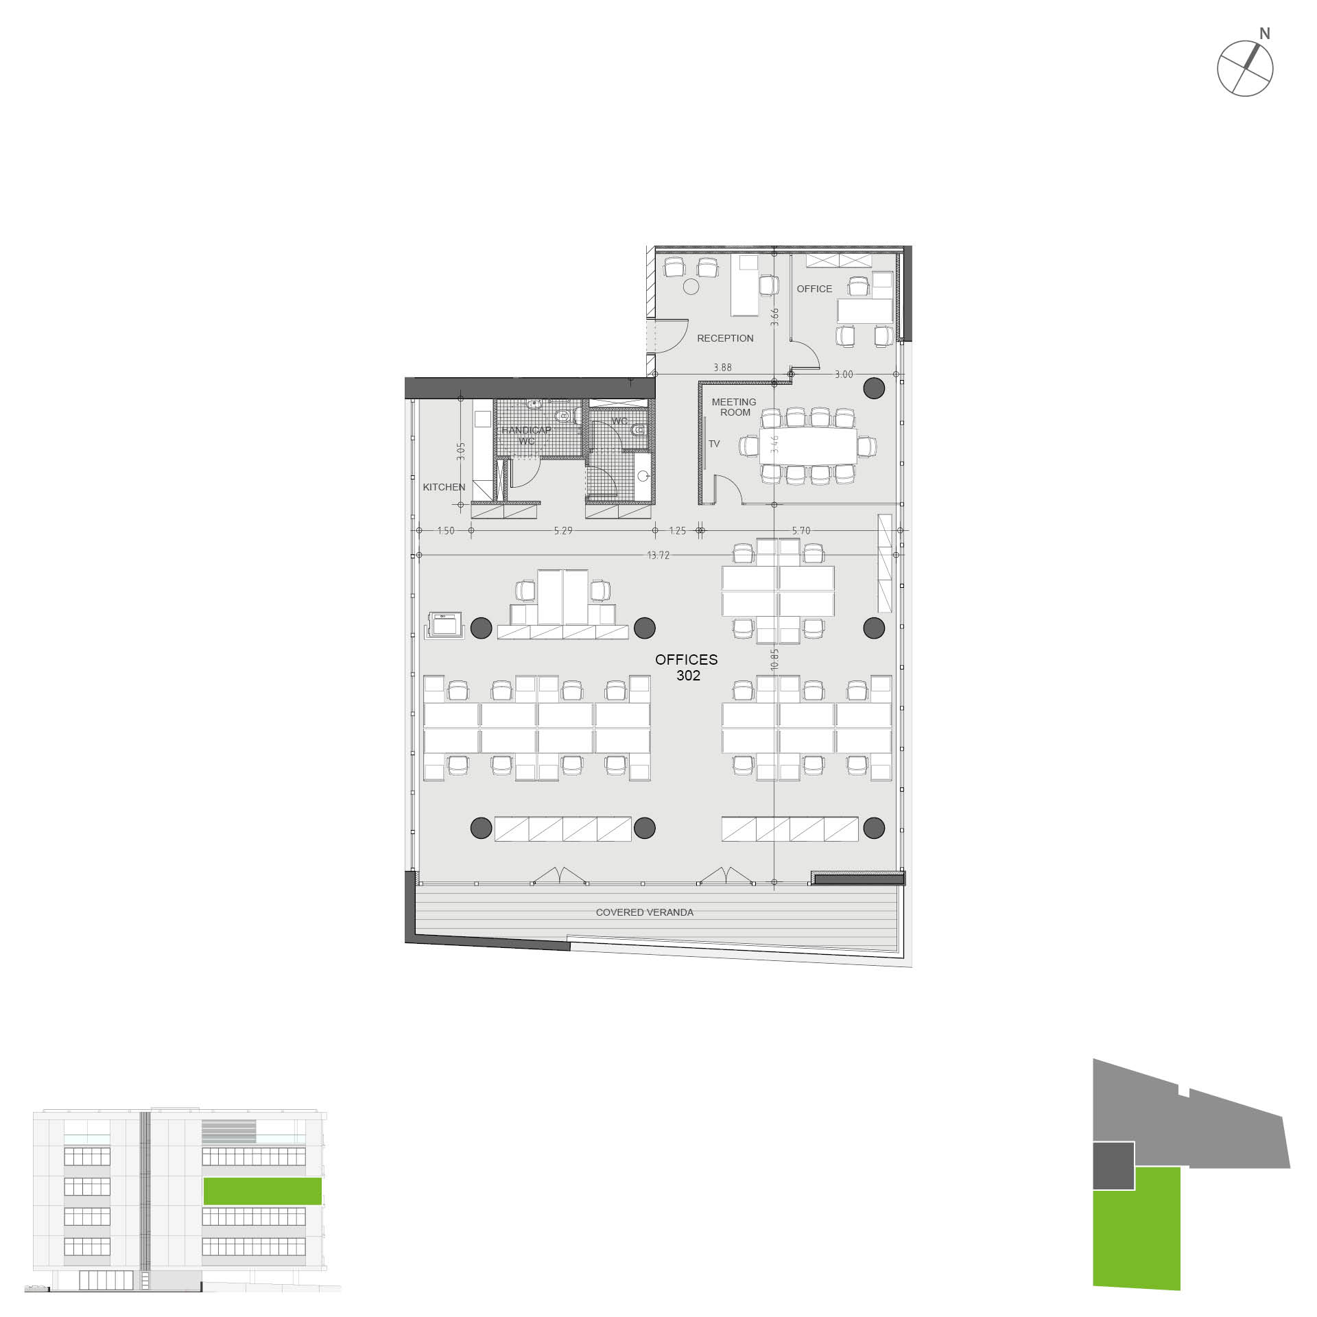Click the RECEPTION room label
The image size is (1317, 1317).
point(725,338)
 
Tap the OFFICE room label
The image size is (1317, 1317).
point(814,289)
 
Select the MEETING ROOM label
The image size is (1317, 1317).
point(734,407)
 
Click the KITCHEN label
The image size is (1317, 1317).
point(444,487)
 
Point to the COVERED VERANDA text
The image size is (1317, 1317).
point(645,912)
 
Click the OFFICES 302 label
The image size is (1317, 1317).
point(687,667)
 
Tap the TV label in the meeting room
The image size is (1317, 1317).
point(714,444)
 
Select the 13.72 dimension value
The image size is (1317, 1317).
point(658,555)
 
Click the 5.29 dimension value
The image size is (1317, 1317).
point(563,531)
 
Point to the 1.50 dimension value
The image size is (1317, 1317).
point(446,531)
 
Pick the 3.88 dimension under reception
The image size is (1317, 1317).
point(722,368)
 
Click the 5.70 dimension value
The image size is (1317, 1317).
point(801,531)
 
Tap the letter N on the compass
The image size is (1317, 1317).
point(1265,34)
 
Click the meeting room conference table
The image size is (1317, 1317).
point(808,446)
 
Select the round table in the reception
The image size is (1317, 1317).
point(691,287)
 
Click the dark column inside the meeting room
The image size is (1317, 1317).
point(874,388)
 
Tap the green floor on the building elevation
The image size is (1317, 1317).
point(263,1191)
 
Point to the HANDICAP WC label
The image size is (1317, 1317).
point(526,436)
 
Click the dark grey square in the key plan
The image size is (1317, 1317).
point(1113,1165)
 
